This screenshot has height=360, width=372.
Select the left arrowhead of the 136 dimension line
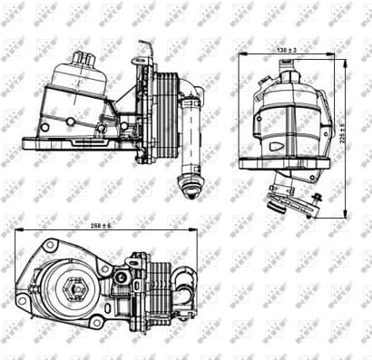click(241, 55)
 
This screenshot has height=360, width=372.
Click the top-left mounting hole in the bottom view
click(46, 246)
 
